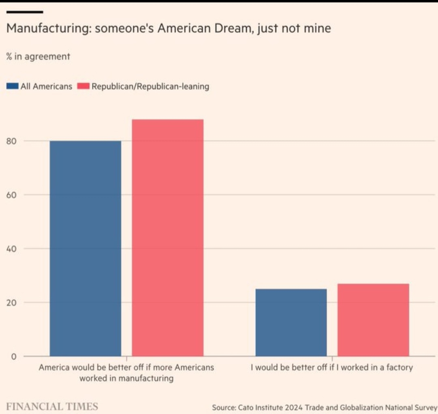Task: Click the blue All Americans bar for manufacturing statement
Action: click(x=85, y=248)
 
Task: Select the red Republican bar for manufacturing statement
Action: click(x=167, y=238)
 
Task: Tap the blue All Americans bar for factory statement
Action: click(x=291, y=323)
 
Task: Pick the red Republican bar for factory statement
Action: click(x=373, y=320)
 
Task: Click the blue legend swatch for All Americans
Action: click(x=13, y=86)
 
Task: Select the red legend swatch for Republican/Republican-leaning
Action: click(x=83, y=86)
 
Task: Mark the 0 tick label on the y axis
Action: click(x=13, y=357)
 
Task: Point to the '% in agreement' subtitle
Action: click(x=38, y=56)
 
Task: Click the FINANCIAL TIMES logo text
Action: click(x=52, y=406)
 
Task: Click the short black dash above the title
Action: click(x=25, y=12)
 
